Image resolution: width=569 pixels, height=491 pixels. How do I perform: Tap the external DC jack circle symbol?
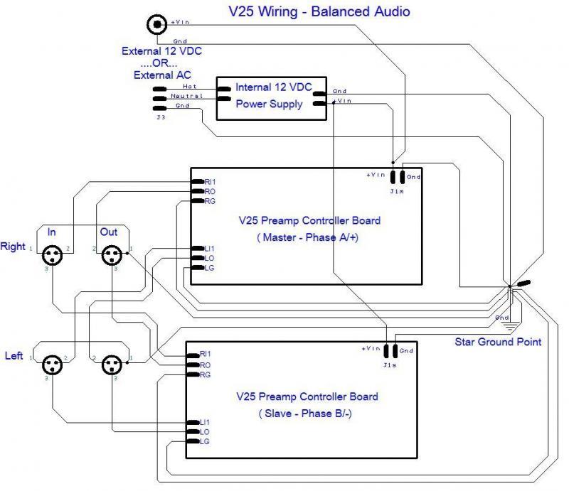click(x=156, y=25)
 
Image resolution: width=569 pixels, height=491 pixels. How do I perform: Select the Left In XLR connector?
click(x=51, y=365)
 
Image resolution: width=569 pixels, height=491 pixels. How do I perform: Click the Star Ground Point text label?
click(x=498, y=342)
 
